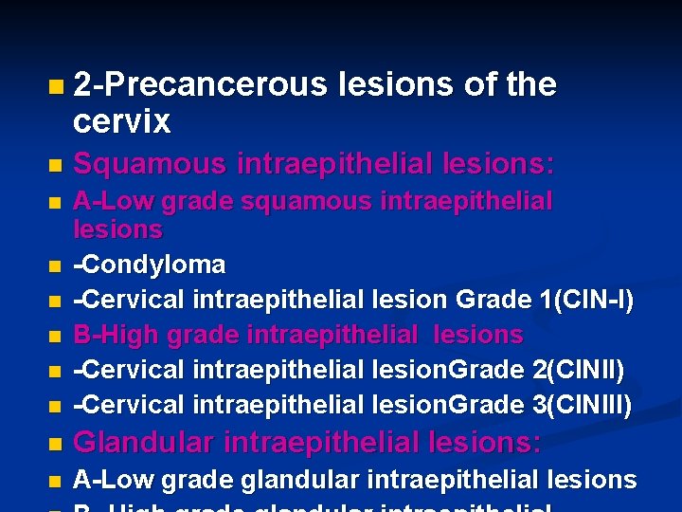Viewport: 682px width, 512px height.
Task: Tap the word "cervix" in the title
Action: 122,121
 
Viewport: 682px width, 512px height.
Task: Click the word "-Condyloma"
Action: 150,264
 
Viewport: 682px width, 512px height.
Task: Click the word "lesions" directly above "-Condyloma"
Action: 118,229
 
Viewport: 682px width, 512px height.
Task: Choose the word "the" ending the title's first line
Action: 530,84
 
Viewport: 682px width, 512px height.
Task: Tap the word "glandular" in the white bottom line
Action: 298,480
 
